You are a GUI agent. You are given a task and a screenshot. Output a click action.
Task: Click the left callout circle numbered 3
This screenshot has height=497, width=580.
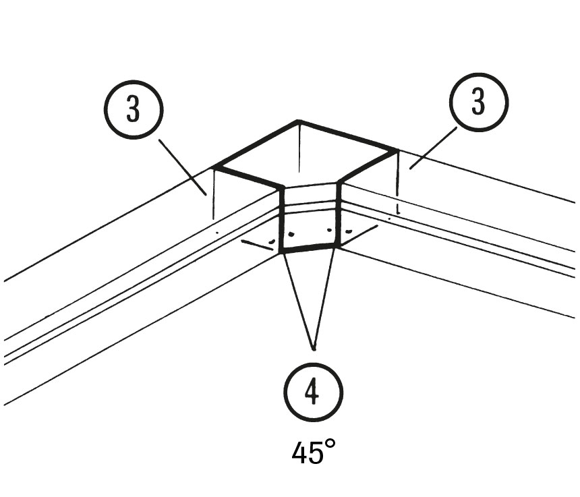[134, 110]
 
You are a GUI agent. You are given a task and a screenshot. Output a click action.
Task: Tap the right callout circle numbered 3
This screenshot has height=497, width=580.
[477, 103]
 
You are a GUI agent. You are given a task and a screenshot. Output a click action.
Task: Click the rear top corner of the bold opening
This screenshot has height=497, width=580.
[299, 121]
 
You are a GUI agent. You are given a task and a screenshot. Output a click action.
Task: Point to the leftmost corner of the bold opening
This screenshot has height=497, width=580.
[214, 166]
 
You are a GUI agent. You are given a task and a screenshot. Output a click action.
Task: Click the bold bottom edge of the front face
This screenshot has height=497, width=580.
[308, 250]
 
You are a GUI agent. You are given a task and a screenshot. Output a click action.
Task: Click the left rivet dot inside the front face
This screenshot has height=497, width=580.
[291, 235]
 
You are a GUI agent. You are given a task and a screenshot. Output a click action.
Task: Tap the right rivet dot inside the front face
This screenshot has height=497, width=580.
[329, 230]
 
